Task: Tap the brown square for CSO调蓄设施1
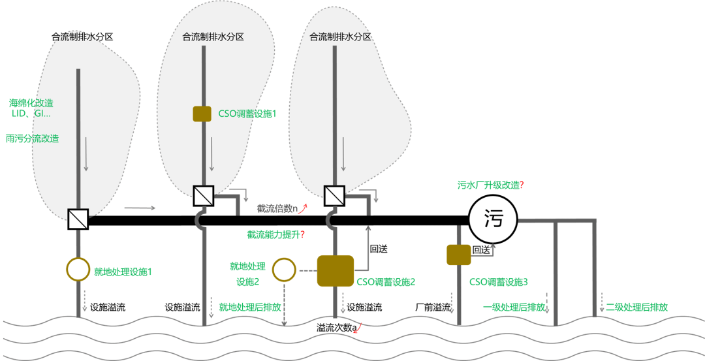tap(202, 114)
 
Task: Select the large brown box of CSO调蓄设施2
tap(336, 271)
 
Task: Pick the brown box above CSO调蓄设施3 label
tap(458, 255)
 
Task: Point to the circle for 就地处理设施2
tap(284, 270)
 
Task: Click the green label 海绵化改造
tap(31, 102)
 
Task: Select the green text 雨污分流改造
tap(32, 138)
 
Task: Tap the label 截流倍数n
tap(277, 209)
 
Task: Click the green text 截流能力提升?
tap(276, 234)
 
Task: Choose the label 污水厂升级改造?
tap(491, 185)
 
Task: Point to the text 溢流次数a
tap(337, 327)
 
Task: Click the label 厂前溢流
tap(433, 307)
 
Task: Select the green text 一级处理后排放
tap(513, 307)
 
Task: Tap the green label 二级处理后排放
tap(636, 307)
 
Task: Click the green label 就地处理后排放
tap(250, 307)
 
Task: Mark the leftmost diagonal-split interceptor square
tap(78, 218)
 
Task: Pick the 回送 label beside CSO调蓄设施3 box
tap(481, 249)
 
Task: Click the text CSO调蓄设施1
tap(248, 114)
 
